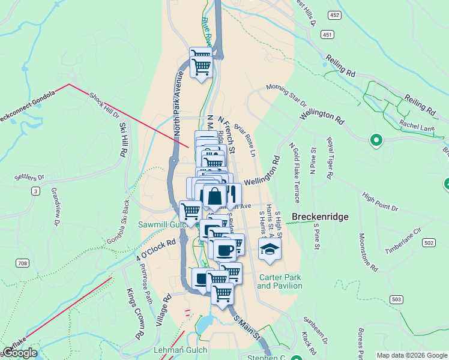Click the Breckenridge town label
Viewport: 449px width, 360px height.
(319, 217)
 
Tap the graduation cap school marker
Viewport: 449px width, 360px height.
(270, 248)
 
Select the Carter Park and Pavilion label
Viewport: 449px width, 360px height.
(280, 281)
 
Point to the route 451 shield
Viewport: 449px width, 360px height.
(327, 35)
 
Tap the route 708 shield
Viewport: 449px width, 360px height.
(22, 263)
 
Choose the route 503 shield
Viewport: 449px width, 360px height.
(396, 299)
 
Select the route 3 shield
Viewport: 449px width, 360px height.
(36, 191)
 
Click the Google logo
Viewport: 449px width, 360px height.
(20, 353)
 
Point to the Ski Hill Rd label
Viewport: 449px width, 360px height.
(124, 140)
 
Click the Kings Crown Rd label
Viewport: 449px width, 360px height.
(137, 313)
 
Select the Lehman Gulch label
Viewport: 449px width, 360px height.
(181, 350)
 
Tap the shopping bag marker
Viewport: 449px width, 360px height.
(214, 196)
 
